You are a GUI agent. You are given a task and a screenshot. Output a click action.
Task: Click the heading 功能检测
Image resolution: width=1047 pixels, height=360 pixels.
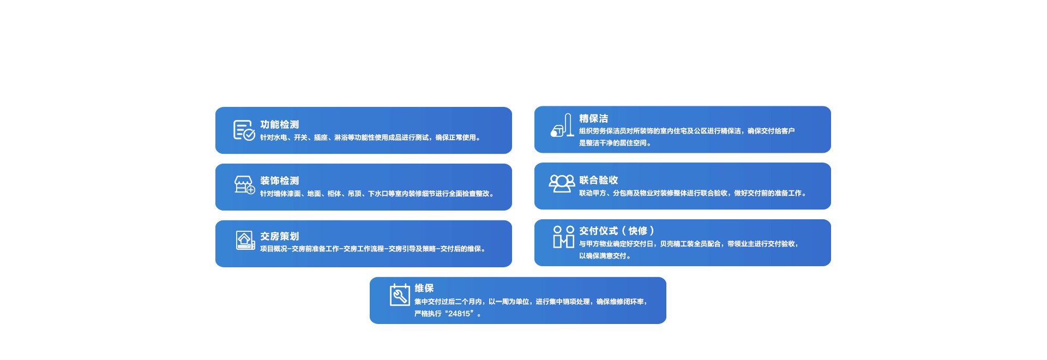tap(279, 124)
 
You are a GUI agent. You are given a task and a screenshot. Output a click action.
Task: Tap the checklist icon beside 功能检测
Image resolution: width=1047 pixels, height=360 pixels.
tap(244, 130)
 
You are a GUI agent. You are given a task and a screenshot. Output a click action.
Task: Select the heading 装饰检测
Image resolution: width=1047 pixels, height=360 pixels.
tap(279, 181)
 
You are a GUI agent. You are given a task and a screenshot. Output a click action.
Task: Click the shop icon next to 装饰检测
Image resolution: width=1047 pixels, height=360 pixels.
tap(244, 185)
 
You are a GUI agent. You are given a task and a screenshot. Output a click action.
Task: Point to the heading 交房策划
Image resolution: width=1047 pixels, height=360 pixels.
tap(279, 236)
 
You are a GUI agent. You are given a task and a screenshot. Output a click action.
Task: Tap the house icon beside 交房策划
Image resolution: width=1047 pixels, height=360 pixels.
tap(245, 241)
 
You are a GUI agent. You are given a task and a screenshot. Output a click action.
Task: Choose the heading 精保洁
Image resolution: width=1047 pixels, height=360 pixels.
tap(593, 118)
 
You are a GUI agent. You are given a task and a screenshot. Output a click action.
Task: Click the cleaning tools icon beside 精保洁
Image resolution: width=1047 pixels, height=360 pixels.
tap(562, 125)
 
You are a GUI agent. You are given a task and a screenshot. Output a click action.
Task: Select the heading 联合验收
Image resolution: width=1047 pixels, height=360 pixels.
tap(598, 180)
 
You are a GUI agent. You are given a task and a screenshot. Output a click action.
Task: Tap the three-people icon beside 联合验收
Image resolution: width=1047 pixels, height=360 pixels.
tap(562, 184)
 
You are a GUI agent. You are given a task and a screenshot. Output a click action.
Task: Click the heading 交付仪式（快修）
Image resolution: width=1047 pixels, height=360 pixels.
tap(617, 231)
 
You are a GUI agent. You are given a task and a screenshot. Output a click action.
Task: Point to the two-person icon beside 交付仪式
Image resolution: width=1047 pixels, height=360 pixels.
tap(564, 237)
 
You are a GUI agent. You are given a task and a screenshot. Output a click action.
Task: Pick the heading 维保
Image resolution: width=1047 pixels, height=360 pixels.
tap(424, 288)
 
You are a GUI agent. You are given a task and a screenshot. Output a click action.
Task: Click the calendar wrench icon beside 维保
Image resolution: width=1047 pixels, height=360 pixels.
tap(400, 295)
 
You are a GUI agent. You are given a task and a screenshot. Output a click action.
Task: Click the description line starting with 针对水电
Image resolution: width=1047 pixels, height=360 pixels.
tap(370, 137)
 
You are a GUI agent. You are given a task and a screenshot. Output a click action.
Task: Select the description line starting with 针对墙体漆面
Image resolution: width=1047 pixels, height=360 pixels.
tap(377, 194)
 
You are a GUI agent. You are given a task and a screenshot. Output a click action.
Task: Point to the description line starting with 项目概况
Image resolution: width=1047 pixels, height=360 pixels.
tap(372, 249)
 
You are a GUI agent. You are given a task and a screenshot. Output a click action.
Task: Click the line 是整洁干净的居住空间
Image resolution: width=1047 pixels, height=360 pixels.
tap(615, 143)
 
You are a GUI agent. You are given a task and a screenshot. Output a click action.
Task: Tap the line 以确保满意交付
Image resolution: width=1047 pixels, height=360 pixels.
tap(605, 256)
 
